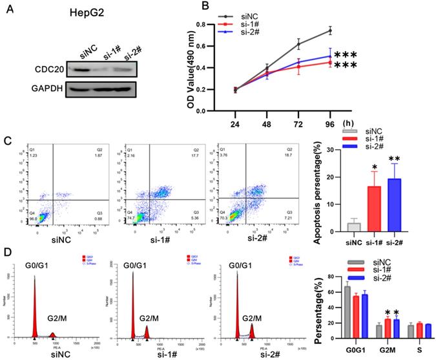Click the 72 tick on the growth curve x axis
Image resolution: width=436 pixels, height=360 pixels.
298,120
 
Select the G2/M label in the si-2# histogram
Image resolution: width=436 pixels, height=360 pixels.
253,318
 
